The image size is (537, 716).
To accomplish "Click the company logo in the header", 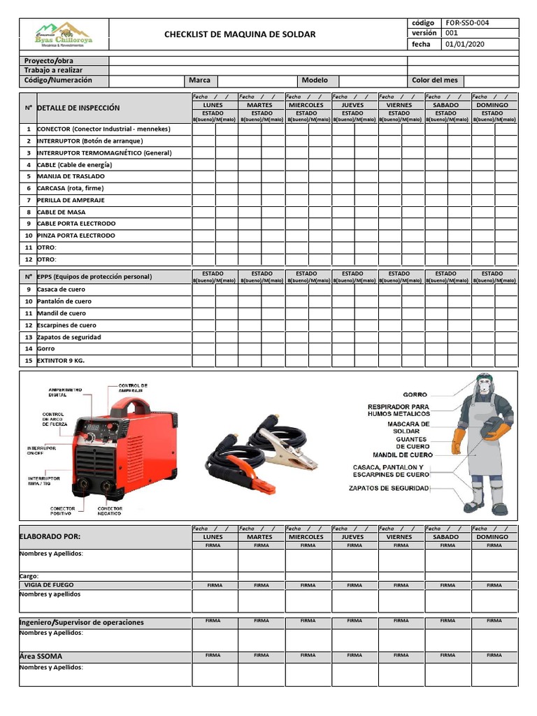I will point(64,34).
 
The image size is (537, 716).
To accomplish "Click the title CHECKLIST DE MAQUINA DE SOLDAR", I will point(239,34).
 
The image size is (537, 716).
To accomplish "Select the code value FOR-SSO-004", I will point(467,23).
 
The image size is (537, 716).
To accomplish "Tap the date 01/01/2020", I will point(464,45).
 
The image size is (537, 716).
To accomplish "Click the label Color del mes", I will point(434,80).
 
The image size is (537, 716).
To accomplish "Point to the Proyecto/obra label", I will point(48,61).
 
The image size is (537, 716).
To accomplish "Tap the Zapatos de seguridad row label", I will point(69,337).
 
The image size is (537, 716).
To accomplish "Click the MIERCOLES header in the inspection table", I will point(306,105).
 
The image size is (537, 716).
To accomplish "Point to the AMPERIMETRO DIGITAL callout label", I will point(65,392).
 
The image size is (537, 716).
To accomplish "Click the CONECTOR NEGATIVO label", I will point(110,510).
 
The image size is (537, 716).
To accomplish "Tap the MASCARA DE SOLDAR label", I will point(408,427).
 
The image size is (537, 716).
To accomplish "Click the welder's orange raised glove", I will point(458,441).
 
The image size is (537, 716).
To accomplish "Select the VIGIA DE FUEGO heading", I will point(48,585).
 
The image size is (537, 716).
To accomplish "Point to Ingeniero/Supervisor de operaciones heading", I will point(81,622).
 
